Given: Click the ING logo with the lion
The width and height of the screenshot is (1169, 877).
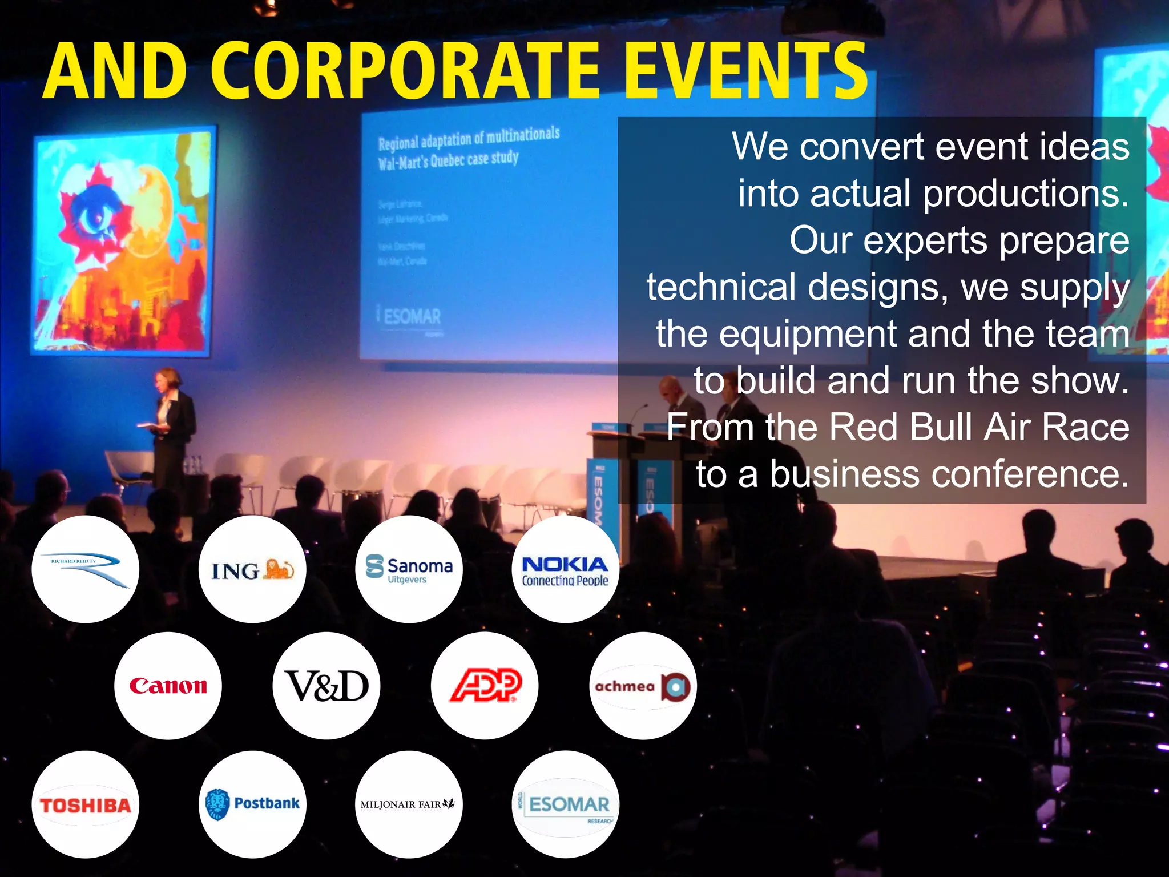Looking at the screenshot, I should point(252,570).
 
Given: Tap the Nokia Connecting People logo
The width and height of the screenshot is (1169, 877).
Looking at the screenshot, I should point(565,570).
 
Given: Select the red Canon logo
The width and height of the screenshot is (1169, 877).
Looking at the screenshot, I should point(168,686).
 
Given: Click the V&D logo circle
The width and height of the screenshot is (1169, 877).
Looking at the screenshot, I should point(326,686).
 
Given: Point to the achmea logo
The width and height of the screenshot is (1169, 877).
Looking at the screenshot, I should point(643,686).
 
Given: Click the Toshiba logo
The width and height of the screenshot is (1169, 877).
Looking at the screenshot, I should point(85,805).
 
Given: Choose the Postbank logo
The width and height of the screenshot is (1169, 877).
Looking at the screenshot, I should point(252,804).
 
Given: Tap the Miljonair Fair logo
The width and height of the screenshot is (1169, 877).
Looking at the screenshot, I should point(408,804).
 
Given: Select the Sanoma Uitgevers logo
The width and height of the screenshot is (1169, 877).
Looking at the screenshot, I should point(409,569).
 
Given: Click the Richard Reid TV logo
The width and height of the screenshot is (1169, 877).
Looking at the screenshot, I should point(85,569).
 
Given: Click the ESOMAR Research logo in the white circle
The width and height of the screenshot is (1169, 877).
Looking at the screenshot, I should point(565,805).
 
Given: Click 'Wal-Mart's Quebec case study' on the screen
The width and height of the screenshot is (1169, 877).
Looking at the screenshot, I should point(448,160).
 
